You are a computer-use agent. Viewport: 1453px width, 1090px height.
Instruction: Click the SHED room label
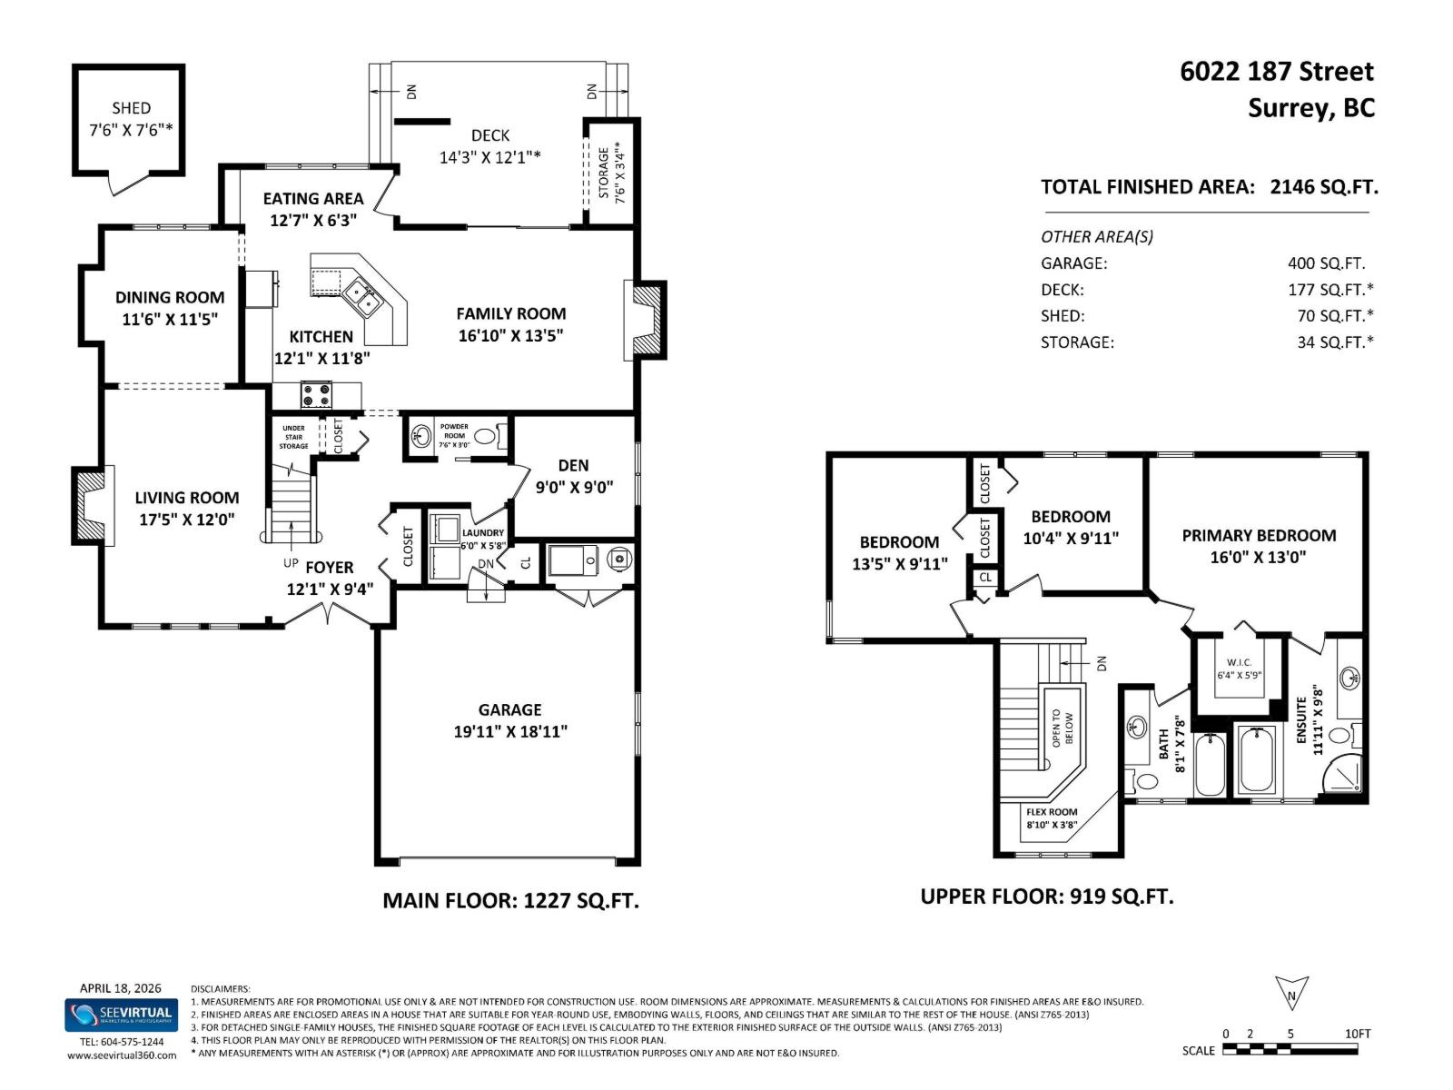[131, 108]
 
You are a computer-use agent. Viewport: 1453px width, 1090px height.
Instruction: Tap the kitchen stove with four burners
[317, 396]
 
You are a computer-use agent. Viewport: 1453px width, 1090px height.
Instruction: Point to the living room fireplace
[92, 506]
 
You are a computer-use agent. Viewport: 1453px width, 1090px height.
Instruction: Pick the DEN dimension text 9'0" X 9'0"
[574, 487]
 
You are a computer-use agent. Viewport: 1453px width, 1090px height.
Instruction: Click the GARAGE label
[509, 709]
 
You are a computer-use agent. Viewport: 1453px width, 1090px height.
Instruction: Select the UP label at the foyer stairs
[291, 562]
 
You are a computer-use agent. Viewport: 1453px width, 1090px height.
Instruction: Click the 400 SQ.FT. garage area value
[1326, 263]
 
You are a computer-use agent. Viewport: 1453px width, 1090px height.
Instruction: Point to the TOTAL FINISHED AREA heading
[1147, 187]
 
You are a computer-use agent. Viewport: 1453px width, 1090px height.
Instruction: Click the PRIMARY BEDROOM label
[1258, 535]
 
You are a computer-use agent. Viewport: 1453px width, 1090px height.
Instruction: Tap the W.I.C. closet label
[1239, 661]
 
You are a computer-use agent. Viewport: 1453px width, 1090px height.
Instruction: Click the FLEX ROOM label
[1052, 812]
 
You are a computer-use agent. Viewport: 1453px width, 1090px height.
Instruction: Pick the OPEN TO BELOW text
[1063, 728]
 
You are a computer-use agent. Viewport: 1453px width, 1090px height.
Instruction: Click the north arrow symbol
[1291, 994]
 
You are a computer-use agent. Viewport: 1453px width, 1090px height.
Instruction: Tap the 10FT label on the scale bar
[1357, 1034]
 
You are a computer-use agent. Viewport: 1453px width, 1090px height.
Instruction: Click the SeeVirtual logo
[121, 1015]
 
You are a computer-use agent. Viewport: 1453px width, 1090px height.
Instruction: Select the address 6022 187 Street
[1276, 72]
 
